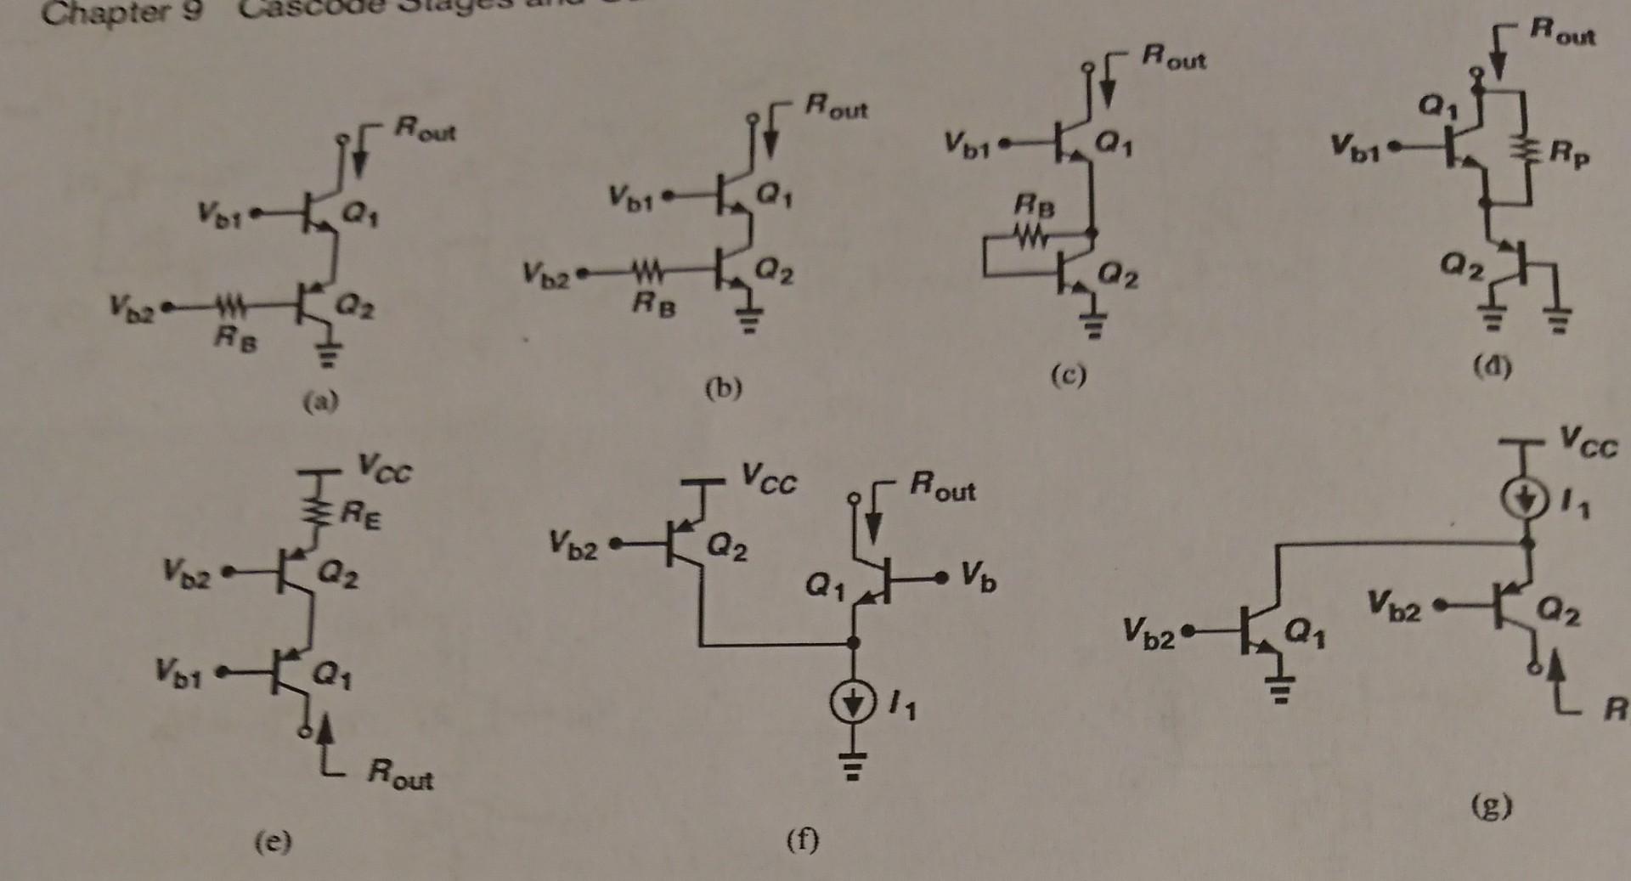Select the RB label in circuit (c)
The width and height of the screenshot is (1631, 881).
[1034, 206]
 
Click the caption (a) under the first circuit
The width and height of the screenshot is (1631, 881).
[321, 400]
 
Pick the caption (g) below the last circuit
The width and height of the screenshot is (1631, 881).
[1493, 805]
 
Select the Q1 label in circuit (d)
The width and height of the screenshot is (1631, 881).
[1436, 107]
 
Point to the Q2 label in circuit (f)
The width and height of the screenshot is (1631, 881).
[728, 546]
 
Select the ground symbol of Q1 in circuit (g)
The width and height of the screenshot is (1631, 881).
[1281, 687]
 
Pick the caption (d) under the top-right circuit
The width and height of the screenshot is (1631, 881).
[1492, 366]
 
